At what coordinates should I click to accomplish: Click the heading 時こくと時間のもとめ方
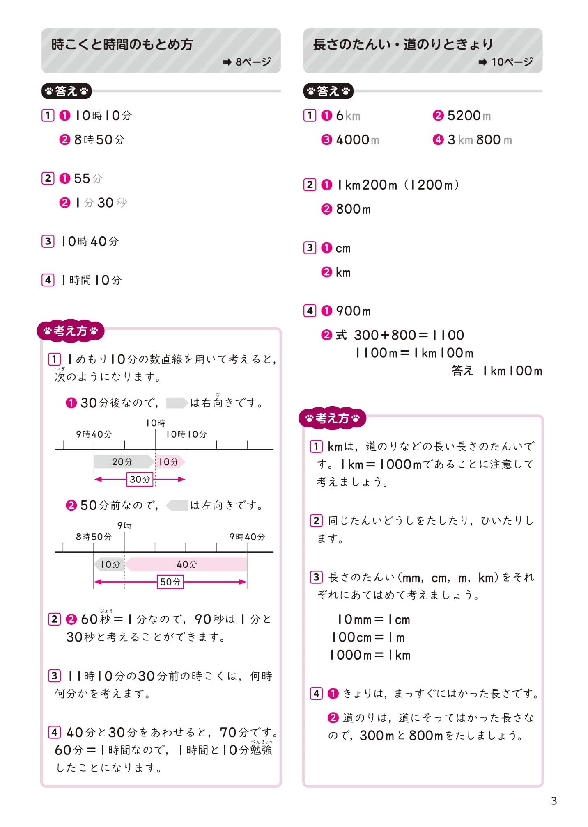(122, 44)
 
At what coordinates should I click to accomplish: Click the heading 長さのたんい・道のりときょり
(403, 44)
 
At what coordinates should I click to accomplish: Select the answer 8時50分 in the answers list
(99, 140)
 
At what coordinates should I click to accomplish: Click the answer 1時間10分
(92, 281)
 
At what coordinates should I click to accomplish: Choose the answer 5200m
(469, 116)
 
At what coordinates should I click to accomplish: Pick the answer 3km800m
(479, 140)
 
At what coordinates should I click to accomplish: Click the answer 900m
(353, 311)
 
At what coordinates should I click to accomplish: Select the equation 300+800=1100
(409, 336)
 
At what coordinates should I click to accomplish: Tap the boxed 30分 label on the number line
(140, 480)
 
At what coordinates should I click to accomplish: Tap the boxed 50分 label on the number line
(170, 582)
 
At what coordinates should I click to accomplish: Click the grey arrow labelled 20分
(122, 462)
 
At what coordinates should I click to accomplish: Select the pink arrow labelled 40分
(186, 564)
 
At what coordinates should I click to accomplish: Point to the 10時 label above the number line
(156, 423)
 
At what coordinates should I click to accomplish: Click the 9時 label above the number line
(124, 525)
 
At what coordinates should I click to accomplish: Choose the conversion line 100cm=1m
(368, 637)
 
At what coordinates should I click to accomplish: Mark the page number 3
(554, 801)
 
